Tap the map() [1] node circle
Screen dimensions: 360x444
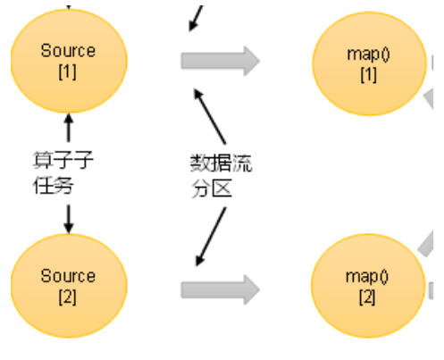[x=368, y=63]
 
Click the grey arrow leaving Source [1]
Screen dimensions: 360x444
[x=220, y=61]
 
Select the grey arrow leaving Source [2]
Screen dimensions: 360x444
[x=220, y=289]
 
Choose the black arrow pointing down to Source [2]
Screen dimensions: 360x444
[x=68, y=218]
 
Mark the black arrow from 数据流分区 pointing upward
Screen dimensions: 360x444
[x=211, y=116]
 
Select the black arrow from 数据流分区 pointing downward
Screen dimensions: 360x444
[x=211, y=234]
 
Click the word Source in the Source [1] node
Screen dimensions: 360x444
[x=68, y=51]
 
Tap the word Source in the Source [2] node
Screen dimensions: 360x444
[x=68, y=277]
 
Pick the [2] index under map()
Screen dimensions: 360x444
[x=367, y=297]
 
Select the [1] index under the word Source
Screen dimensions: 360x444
[x=68, y=71]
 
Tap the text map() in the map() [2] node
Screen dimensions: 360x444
[x=367, y=277]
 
